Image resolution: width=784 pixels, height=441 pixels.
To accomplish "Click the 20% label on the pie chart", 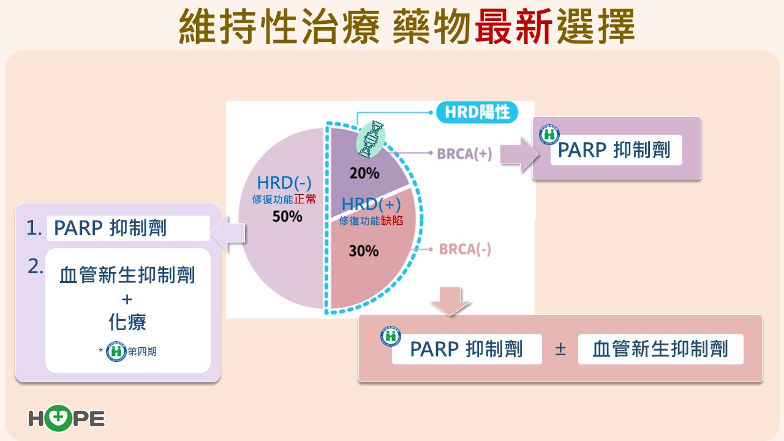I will pyautogui.click(x=364, y=173).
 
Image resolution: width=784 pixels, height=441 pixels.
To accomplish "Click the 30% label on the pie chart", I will pyautogui.click(x=364, y=251).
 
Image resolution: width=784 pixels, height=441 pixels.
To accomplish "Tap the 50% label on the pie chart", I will pyautogui.click(x=287, y=216).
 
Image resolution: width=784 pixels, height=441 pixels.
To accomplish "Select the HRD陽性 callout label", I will pyautogui.click(x=477, y=113).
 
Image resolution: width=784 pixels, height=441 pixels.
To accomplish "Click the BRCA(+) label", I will pyautogui.click(x=464, y=153).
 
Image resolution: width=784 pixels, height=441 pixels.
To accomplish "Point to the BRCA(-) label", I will pyautogui.click(x=464, y=250).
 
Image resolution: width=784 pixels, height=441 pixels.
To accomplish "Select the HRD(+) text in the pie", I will pyautogui.click(x=371, y=204).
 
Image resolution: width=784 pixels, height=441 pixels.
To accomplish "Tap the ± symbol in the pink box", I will pyautogui.click(x=560, y=349).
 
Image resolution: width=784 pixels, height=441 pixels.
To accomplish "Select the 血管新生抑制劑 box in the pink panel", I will pyautogui.click(x=660, y=349).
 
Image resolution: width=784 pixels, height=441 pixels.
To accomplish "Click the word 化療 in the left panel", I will pyautogui.click(x=127, y=322).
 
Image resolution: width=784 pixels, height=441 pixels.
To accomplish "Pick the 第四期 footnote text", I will pyautogui.click(x=142, y=352).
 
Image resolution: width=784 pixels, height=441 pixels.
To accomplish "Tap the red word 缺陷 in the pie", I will pyautogui.click(x=392, y=221).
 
